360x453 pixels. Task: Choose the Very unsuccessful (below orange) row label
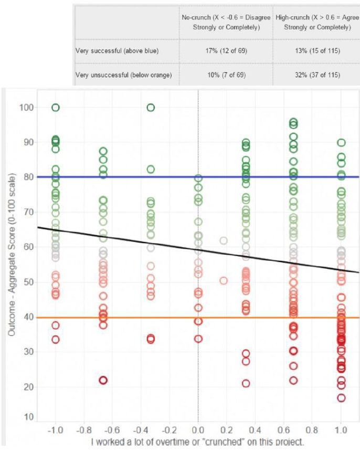coord(123,75)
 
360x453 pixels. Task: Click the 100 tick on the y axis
coord(26,108)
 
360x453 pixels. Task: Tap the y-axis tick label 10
coord(28,417)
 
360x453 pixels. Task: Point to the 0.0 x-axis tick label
coord(198,429)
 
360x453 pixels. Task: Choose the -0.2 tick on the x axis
coord(169,429)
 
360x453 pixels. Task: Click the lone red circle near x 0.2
coord(224,281)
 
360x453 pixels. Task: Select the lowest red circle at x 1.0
coord(341,398)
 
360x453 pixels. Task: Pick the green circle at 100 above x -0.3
coord(151,108)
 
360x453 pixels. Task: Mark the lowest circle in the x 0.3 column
coord(246,383)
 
